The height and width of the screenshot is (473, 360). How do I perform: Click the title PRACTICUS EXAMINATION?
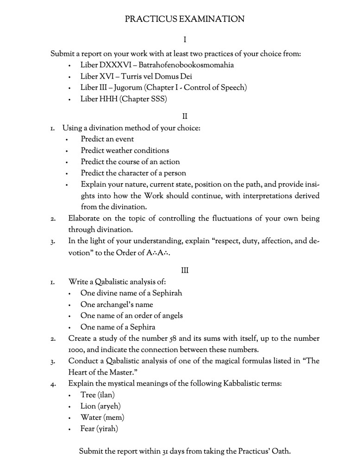pos(185,19)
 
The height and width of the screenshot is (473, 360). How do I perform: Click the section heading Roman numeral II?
pos(185,116)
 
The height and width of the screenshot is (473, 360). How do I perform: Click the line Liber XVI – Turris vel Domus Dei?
pos(136,76)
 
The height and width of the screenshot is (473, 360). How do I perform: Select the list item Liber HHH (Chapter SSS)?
pos(124,99)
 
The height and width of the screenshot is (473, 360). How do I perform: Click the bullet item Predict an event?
pos(107,139)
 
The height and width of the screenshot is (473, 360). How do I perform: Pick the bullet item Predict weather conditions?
pos(125,150)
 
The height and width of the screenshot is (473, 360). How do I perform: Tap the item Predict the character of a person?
pos(133,173)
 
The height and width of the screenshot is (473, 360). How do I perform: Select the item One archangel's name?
pos(117,304)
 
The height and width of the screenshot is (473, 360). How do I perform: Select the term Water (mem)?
pos(102,418)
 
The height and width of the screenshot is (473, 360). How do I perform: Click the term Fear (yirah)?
pos(99,429)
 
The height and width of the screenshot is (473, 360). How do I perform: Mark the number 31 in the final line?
pos(166,451)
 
